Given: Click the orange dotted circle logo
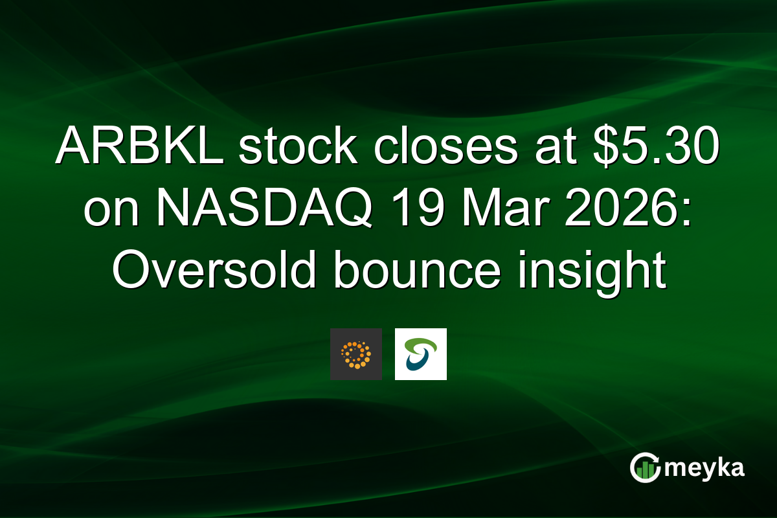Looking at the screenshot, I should [x=355, y=354].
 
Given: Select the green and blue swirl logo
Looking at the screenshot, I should [x=420, y=354].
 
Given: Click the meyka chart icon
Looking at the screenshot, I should [x=644, y=468].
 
